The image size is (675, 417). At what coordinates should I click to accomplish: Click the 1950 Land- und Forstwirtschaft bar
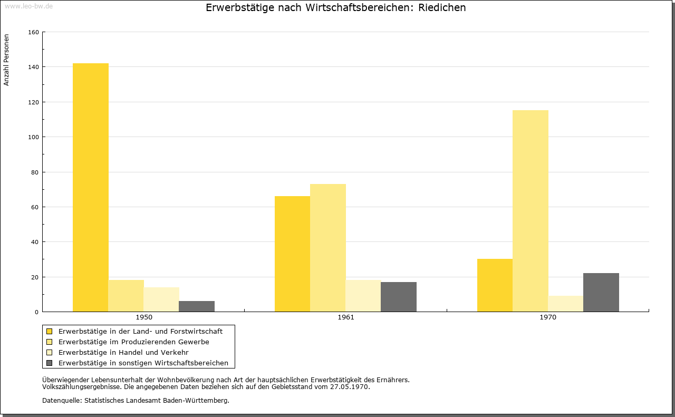(x=91, y=187)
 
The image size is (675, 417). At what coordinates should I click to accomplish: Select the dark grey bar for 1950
(x=197, y=306)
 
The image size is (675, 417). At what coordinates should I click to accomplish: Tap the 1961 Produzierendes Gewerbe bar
(x=328, y=248)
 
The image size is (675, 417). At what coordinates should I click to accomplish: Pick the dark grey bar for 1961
(x=399, y=297)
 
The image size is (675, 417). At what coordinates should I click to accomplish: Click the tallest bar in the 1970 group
(x=531, y=211)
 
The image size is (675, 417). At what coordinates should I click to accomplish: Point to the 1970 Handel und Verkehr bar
(x=566, y=304)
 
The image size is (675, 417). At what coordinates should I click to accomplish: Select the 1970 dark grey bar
(x=601, y=292)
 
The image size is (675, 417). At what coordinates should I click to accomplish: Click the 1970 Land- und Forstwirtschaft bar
(x=495, y=285)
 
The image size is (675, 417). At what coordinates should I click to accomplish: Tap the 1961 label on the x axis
(x=346, y=317)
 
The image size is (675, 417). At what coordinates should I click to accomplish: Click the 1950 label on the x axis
(x=144, y=317)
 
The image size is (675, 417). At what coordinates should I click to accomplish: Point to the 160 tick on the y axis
(x=33, y=32)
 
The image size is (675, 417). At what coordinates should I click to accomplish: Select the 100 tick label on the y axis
(x=33, y=137)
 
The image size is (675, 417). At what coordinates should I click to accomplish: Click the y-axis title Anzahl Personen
(x=6, y=60)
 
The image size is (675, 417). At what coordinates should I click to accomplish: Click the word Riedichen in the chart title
(x=442, y=7)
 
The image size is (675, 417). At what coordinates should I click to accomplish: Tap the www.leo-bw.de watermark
(x=28, y=6)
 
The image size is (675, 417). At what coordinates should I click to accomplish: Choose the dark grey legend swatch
(x=49, y=363)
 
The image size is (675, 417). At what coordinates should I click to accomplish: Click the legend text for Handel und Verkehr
(x=123, y=353)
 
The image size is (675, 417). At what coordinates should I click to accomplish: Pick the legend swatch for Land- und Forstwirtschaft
(x=49, y=332)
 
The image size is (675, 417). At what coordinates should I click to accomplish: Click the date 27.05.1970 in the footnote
(x=349, y=387)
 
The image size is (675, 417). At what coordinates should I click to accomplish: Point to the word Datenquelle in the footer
(x=62, y=401)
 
